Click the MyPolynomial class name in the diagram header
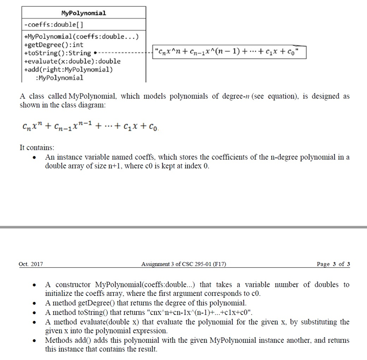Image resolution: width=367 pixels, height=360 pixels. pyautogui.click(x=84, y=13)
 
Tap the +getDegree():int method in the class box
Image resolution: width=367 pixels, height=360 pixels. pyautogui.click(x=54, y=45)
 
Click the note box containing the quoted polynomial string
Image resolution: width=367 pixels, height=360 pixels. pyautogui.click(x=230, y=53)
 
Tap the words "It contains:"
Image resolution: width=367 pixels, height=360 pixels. pyautogui.click(x=37, y=148)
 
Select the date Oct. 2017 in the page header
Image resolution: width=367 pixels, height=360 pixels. pyautogui.click(x=31, y=264)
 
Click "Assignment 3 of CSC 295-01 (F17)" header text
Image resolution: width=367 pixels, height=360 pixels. pyautogui.click(x=184, y=264)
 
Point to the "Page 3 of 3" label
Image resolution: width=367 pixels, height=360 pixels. pyautogui.click(x=333, y=264)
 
